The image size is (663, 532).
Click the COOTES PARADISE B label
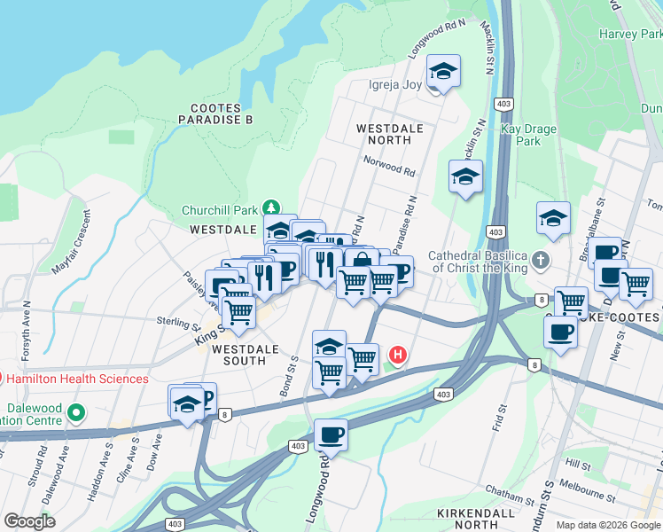pyautogui.click(x=215, y=113)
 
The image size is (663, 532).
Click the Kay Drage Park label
pyautogui.click(x=528, y=135)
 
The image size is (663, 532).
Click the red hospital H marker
pyautogui.click(x=398, y=356)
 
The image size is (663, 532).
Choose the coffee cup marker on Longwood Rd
pyautogui.click(x=331, y=434)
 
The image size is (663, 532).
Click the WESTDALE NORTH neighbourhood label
pyautogui.click(x=395, y=134)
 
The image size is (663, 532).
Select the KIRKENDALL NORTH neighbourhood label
pyautogui.click(x=476, y=519)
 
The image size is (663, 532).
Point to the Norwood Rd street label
pyautogui.click(x=389, y=165)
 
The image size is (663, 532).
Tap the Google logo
pyautogui.click(x=29, y=521)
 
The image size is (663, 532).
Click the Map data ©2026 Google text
pyautogui.click(x=608, y=525)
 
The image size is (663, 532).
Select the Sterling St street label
pyautogui.click(x=175, y=320)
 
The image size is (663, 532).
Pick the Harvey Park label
pyautogui.click(x=630, y=35)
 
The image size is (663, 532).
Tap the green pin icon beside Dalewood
pyautogui.click(x=76, y=412)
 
